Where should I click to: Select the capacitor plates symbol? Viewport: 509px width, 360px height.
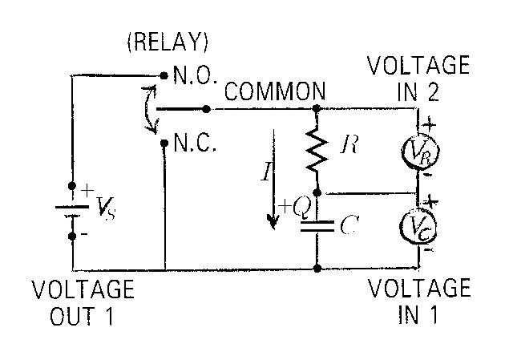[x=318, y=225]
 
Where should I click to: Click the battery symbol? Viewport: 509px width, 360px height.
[x=72, y=210]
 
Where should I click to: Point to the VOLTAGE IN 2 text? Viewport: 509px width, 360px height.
[x=418, y=76]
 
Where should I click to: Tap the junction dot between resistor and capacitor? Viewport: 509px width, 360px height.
[x=318, y=192]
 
